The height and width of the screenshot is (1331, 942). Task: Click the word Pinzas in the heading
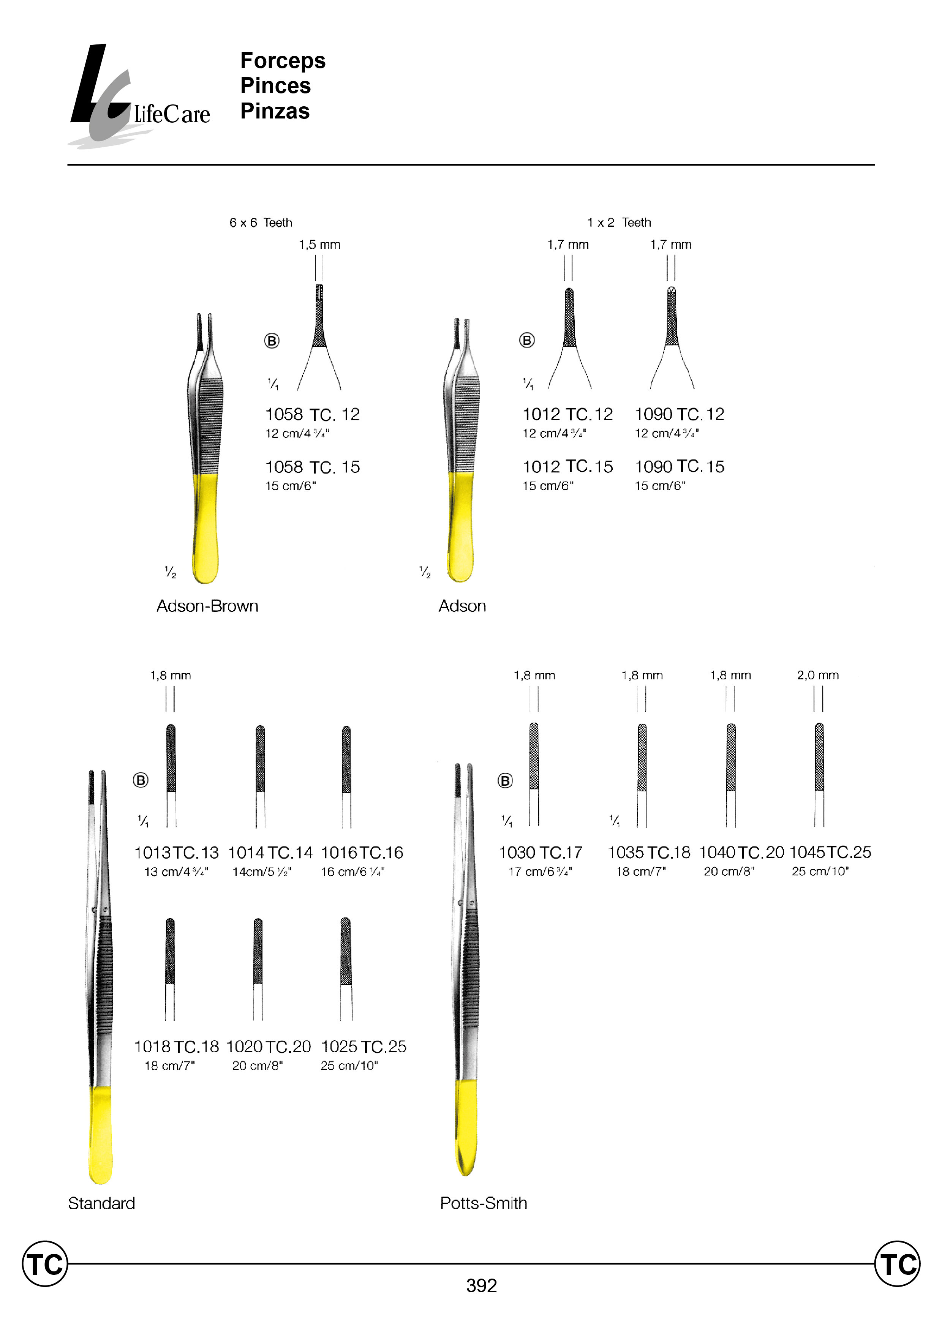click(275, 111)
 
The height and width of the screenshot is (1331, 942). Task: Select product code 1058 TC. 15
click(312, 467)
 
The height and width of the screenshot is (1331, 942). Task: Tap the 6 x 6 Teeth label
click(261, 223)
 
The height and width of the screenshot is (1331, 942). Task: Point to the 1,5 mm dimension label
click(319, 245)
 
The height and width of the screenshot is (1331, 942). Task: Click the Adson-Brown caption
click(207, 606)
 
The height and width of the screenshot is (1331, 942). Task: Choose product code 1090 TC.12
click(679, 414)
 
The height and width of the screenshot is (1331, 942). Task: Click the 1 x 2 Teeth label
click(618, 223)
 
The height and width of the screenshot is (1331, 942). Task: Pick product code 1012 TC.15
click(567, 467)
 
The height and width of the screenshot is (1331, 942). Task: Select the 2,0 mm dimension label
click(817, 675)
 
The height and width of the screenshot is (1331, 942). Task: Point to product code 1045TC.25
click(830, 852)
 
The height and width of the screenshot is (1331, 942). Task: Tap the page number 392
click(481, 1286)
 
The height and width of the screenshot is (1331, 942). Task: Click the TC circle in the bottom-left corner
click(45, 1264)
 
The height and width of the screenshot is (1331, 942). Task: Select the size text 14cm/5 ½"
click(262, 872)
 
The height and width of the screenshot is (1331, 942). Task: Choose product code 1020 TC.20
click(268, 1047)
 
